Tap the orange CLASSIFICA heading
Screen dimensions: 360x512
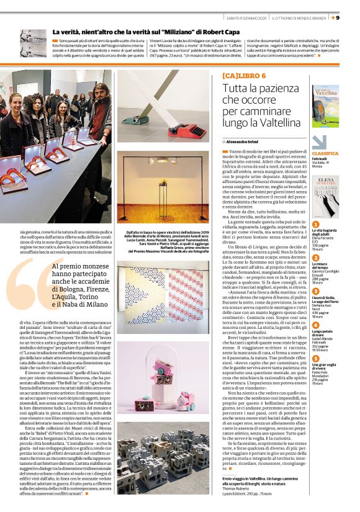pos(325,153)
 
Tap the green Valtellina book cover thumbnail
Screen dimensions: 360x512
pos(325,106)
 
